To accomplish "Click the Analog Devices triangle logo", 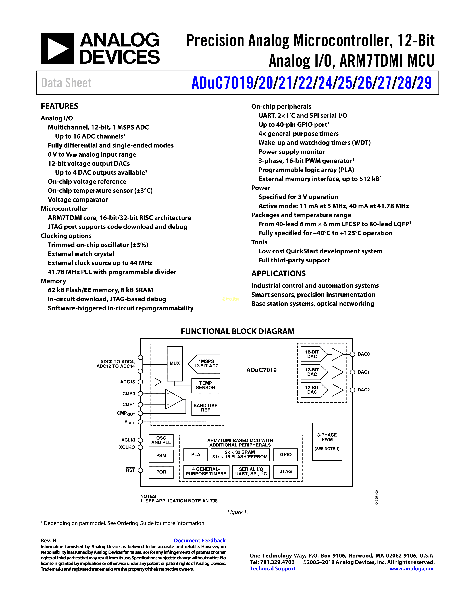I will pos(57,49).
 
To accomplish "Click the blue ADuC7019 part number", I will pos(222,83).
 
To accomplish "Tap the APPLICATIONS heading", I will pos(278,273).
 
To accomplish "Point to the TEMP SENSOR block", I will pos(206,385).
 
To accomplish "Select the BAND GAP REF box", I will pos(206,408).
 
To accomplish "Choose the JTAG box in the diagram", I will pos(286,471).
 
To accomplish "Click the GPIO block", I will pos(286,455).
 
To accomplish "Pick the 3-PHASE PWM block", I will pos(327,441).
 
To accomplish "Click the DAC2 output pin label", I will pos(363,390).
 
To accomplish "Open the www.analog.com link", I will pos(411,569).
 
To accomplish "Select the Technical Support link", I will pos(273,569).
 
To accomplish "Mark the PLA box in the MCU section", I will pos(195,455).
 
